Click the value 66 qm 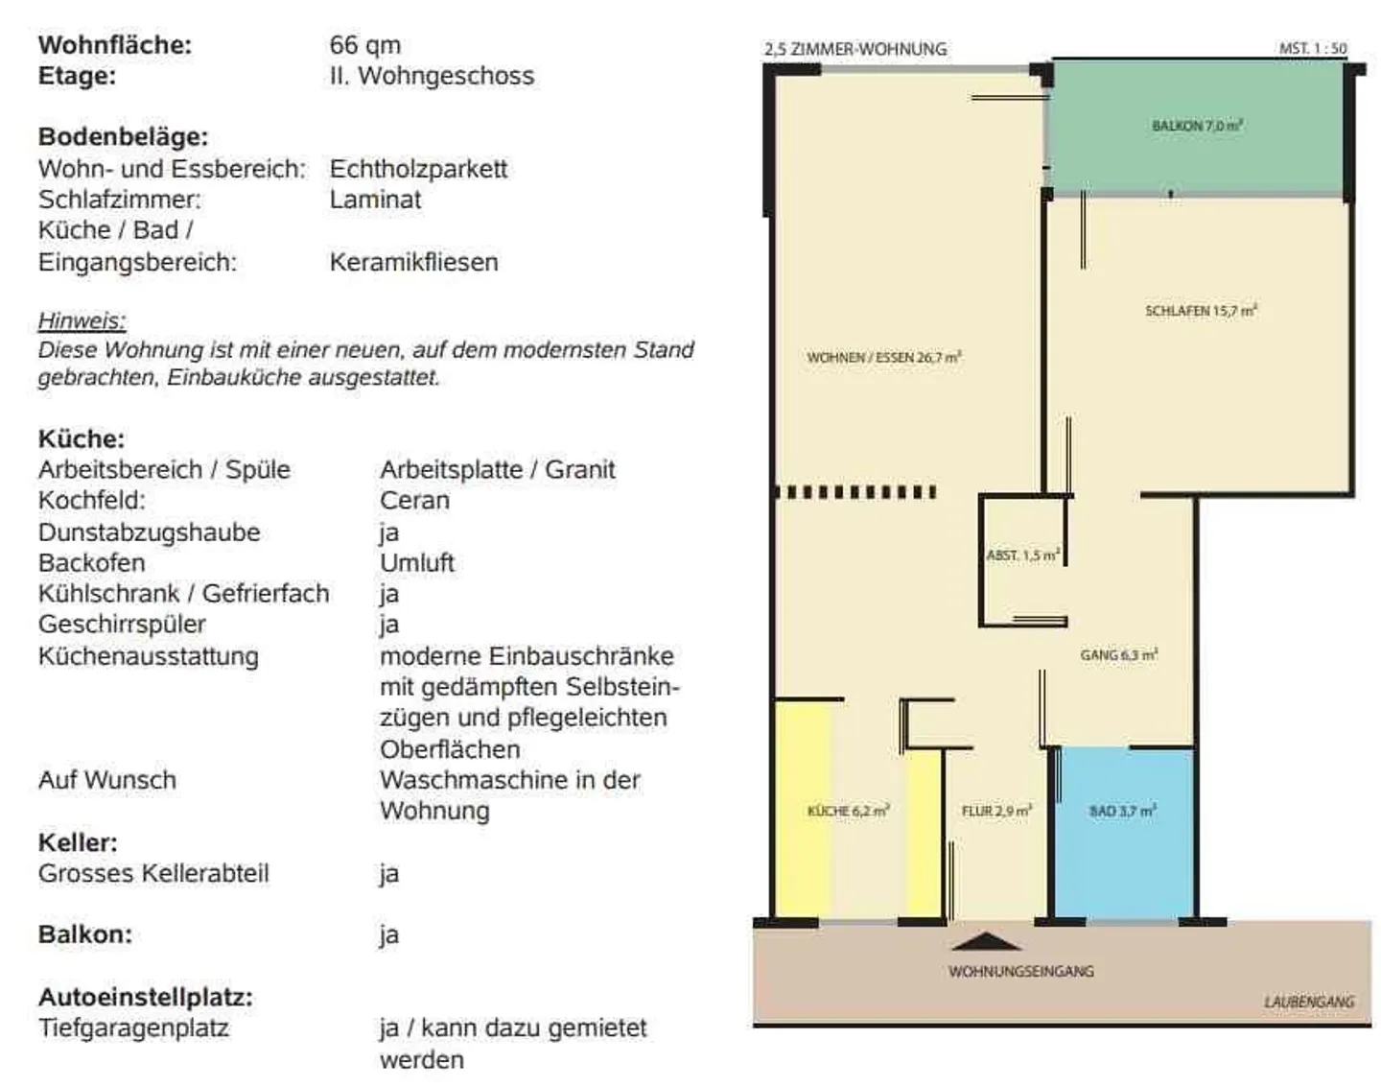[365, 45]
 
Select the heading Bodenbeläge [123, 137]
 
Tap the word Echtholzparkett [418, 169]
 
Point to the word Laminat [375, 200]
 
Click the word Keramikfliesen [413, 262]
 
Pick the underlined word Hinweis [82, 320]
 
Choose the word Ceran [414, 501]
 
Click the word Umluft [417, 563]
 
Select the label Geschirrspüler [122, 625]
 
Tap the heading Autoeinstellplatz [145, 997]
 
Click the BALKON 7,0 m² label [1197, 126]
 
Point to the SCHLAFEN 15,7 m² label [1201, 311]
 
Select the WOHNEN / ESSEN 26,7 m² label [883, 358]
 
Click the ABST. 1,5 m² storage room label [1022, 555]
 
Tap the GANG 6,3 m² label [1118, 655]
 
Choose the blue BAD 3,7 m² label [1122, 812]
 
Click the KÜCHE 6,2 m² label [848, 812]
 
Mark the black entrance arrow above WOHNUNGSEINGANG [988, 942]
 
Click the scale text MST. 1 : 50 [1312, 48]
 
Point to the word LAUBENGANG [1308, 1002]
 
